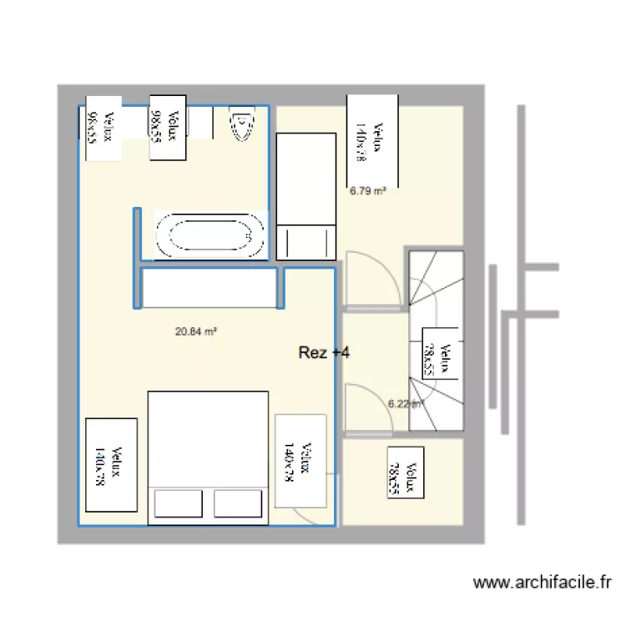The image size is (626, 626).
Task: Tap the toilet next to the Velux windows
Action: click(241, 125)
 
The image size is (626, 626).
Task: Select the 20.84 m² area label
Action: click(196, 331)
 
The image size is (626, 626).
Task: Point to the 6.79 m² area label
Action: click(368, 190)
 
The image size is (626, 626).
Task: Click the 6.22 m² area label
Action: click(406, 404)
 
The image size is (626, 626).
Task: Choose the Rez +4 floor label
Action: click(324, 353)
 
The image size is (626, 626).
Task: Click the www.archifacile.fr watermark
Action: click(543, 583)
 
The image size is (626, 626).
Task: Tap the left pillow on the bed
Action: click(176, 504)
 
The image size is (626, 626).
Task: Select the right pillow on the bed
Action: click(239, 504)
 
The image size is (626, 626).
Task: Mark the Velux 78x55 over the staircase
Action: click(438, 361)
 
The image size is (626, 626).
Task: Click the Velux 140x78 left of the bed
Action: click(110, 464)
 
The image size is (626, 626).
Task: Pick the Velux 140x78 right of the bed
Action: click(300, 461)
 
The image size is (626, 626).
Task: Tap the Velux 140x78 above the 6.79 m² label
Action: click(371, 140)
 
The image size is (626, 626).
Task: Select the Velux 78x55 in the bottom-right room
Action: click(404, 472)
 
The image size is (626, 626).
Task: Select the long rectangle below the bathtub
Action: click(209, 289)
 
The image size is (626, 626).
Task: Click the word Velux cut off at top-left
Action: click(102, 129)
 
